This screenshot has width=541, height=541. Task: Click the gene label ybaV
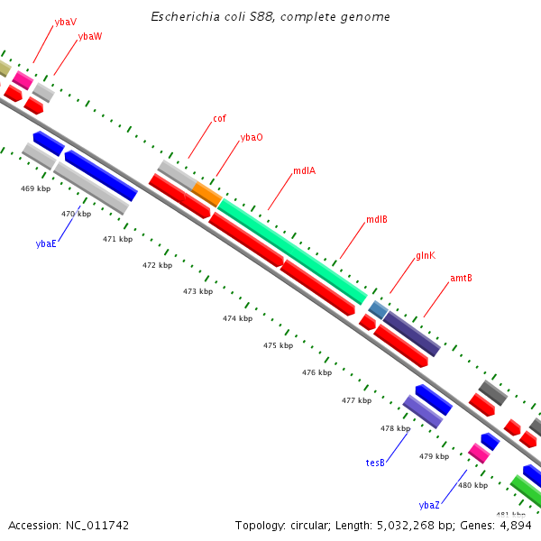tap(65, 21)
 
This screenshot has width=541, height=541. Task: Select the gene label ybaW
tap(90, 36)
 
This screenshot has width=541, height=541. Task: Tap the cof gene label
tap(219, 118)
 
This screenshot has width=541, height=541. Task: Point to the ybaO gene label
tap(252, 137)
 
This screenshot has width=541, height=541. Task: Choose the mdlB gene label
tap(376, 220)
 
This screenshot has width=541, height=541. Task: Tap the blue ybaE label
tap(46, 243)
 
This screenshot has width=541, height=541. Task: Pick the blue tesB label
tap(375, 463)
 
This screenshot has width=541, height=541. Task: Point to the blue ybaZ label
tap(429, 505)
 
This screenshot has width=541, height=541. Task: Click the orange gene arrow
tap(206, 193)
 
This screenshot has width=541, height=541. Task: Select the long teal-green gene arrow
tap(291, 251)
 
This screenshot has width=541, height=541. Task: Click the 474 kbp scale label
tap(237, 319)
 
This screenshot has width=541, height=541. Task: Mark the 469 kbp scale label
tap(35, 188)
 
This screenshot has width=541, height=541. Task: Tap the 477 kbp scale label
tap(356, 400)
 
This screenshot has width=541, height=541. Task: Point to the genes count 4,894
tap(517, 525)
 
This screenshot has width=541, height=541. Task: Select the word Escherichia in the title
tap(183, 17)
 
